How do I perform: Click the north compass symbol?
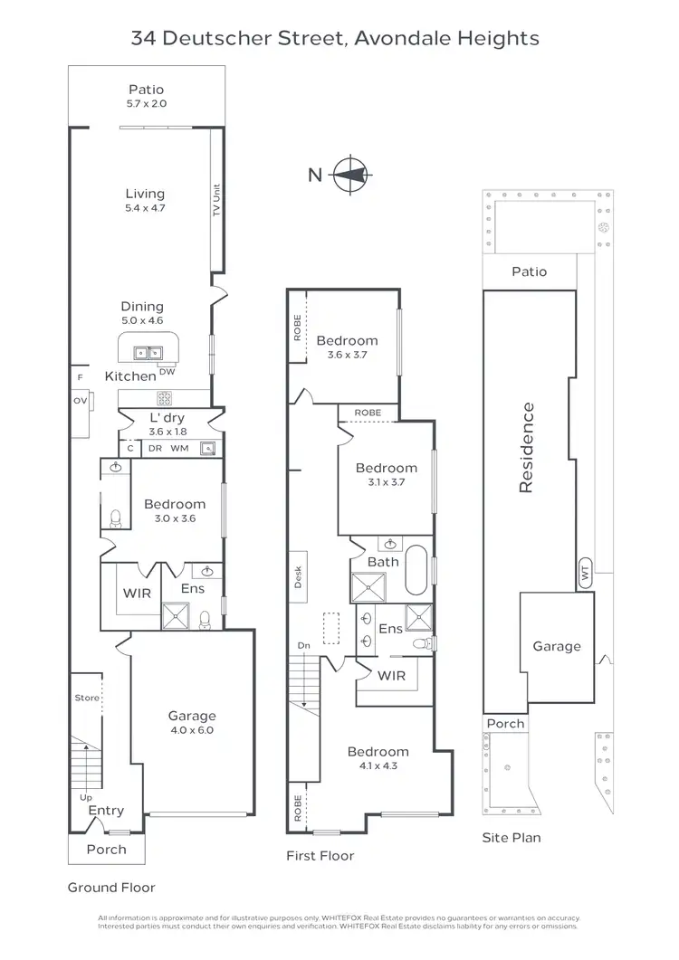tap(349, 175)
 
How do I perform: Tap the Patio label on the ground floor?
tap(146, 90)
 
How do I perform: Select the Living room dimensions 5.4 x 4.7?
tap(145, 208)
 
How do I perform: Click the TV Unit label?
tap(216, 200)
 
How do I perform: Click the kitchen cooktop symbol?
tap(166, 396)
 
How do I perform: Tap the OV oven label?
tap(80, 400)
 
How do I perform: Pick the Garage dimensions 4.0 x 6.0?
tap(191, 729)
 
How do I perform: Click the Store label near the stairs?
tap(87, 699)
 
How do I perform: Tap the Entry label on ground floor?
tap(106, 811)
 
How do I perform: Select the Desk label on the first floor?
tap(298, 577)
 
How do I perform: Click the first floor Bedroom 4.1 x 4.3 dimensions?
tap(378, 765)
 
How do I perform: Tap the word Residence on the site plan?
tap(527, 448)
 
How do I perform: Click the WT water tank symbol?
tap(585, 571)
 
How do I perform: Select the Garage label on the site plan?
tap(556, 646)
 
